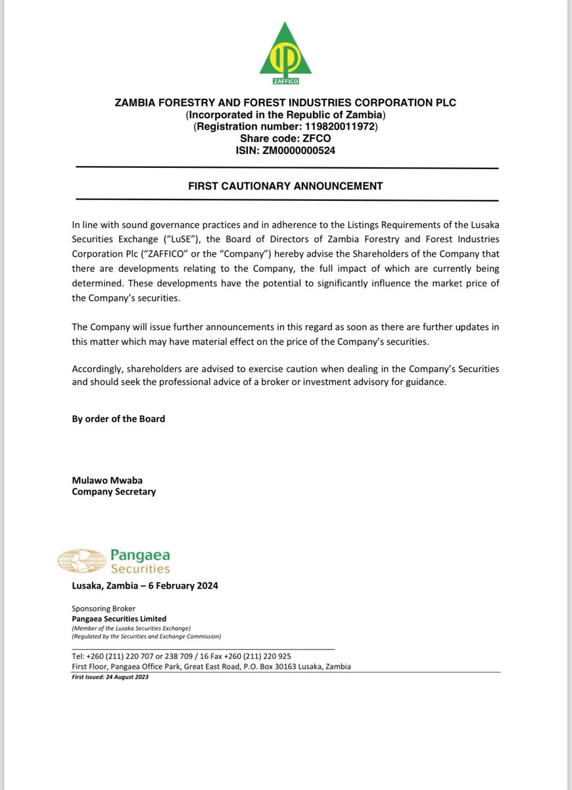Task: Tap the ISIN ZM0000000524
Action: pyautogui.click(x=302, y=150)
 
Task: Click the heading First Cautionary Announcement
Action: pyautogui.click(x=285, y=186)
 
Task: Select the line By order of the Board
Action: pyautogui.click(x=118, y=419)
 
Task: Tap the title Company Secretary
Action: pyautogui.click(x=114, y=491)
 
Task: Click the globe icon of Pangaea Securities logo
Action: pyautogui.click(x=82, y=562)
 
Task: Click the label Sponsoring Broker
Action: pyautogui.click(x=103, y=609)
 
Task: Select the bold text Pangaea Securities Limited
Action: pyautogui.click(x=119, y=619)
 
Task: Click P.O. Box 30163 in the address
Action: pyautogui.click(x=265, y=666)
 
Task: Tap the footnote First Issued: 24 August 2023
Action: pyautogui.click(x=110, y=677)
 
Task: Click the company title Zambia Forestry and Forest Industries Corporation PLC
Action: pyautogui.click(x=285, y=103)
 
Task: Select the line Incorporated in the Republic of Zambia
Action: pyautogui.click(x=285, y=115)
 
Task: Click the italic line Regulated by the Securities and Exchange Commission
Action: pyautogui.click(x=147, y=637)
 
